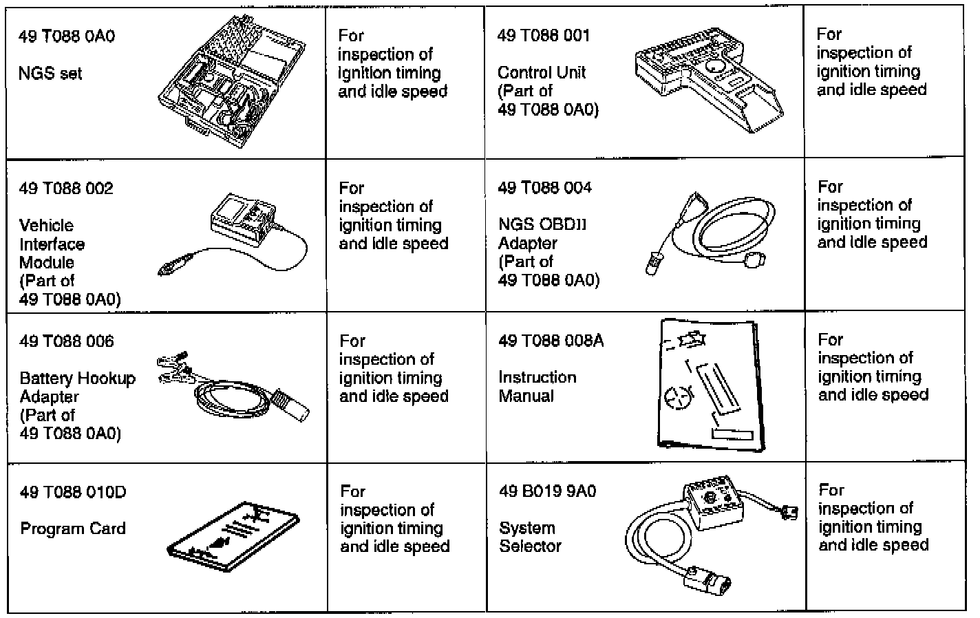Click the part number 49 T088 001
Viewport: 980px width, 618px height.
tap(544, 36)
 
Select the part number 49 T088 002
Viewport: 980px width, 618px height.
tap(66, 189)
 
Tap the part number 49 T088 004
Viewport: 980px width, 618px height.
tap(544, 188)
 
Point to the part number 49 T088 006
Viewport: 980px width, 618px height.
tap(67, 341)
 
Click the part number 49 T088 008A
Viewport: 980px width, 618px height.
tap(551, 341)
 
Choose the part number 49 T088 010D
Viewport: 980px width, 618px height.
tap(73, 493)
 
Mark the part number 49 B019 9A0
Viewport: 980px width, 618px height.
tap(548, 491)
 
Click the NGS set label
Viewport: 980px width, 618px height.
tap(50, 73)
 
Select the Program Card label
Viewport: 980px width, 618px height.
tap(73, 529)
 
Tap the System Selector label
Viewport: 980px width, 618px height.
tap(530, 537)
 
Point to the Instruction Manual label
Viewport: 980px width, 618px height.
tap(537, 387)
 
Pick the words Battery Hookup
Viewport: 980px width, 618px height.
tap(77, 379)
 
